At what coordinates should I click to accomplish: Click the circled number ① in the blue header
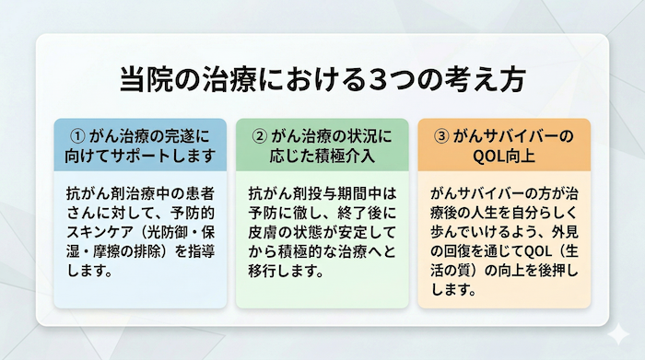[x=78, y=135]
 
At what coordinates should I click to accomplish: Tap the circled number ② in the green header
[x=260, y=135]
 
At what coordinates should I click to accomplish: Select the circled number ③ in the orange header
[x=441, y=135]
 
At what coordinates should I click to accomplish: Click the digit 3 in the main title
[x=380, y=79]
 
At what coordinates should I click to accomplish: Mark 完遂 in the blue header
[x=176, y=135]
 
